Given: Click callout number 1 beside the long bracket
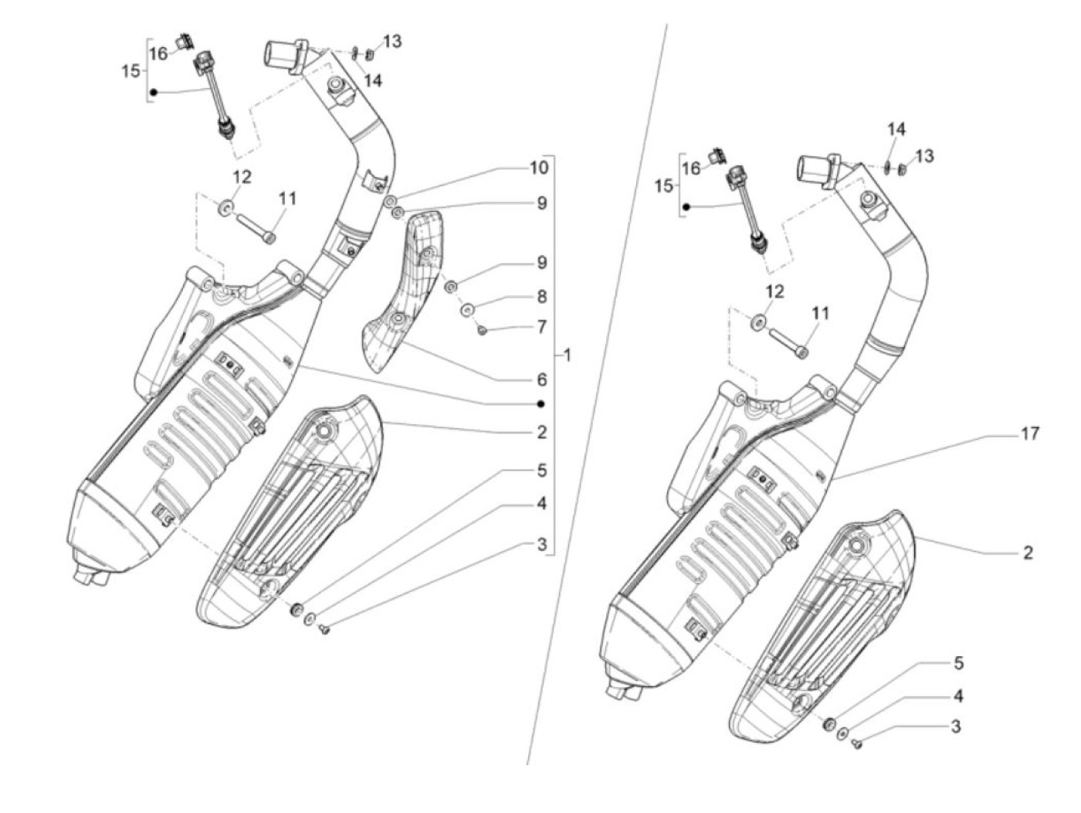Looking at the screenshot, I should tap(568, 355).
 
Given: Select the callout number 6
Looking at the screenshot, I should tap(542, 379).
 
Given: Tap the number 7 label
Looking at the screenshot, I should tap(542, 327).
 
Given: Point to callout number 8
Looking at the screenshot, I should tap(542, 296).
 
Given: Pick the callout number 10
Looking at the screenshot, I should tap(539, 168).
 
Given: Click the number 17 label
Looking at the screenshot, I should tap(1030, 434).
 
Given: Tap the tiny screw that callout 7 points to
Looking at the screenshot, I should tap(482, 331).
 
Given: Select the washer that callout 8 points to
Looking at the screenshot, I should tap(467, 310).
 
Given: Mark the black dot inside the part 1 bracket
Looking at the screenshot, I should tap(541, 404).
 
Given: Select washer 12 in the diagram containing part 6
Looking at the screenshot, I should tap(226, 208).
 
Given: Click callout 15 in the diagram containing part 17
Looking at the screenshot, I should tap(664, 186).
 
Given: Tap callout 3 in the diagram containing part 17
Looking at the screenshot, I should tap(956, 727).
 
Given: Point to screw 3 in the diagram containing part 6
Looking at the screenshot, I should tap(324, 631).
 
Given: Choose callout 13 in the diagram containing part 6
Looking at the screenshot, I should tap(392, 41).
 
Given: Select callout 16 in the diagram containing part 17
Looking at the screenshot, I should tap(691, 168).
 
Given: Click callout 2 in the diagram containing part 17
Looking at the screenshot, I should tap(1028, 553).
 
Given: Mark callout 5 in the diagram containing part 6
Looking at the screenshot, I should tap(542, 470).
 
